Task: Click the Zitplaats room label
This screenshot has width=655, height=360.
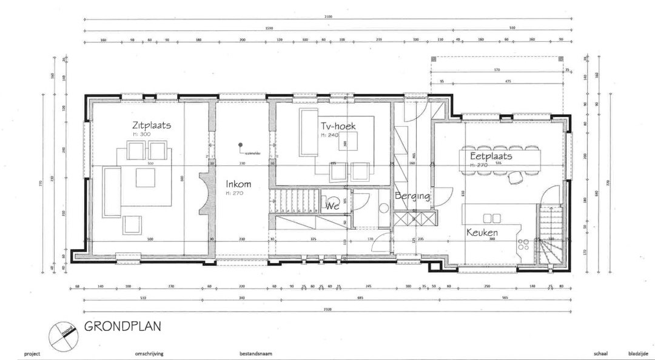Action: tap(152, 125)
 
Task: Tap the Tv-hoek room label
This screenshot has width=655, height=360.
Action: tap(338, 126)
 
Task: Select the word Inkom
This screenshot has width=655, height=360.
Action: tap(238, 184)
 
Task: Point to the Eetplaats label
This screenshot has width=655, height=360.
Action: tap(491, 156)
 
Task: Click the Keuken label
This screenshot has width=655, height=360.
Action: tap(482, 232)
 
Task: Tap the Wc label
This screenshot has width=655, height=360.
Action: tap(332, 206)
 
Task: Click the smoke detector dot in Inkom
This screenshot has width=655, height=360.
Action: tap(241, 145)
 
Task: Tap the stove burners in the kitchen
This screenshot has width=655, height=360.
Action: tap(523, 245)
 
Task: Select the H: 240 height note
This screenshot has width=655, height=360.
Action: tap(329, 135)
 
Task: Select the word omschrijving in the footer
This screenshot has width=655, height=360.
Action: tap(149, 353)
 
